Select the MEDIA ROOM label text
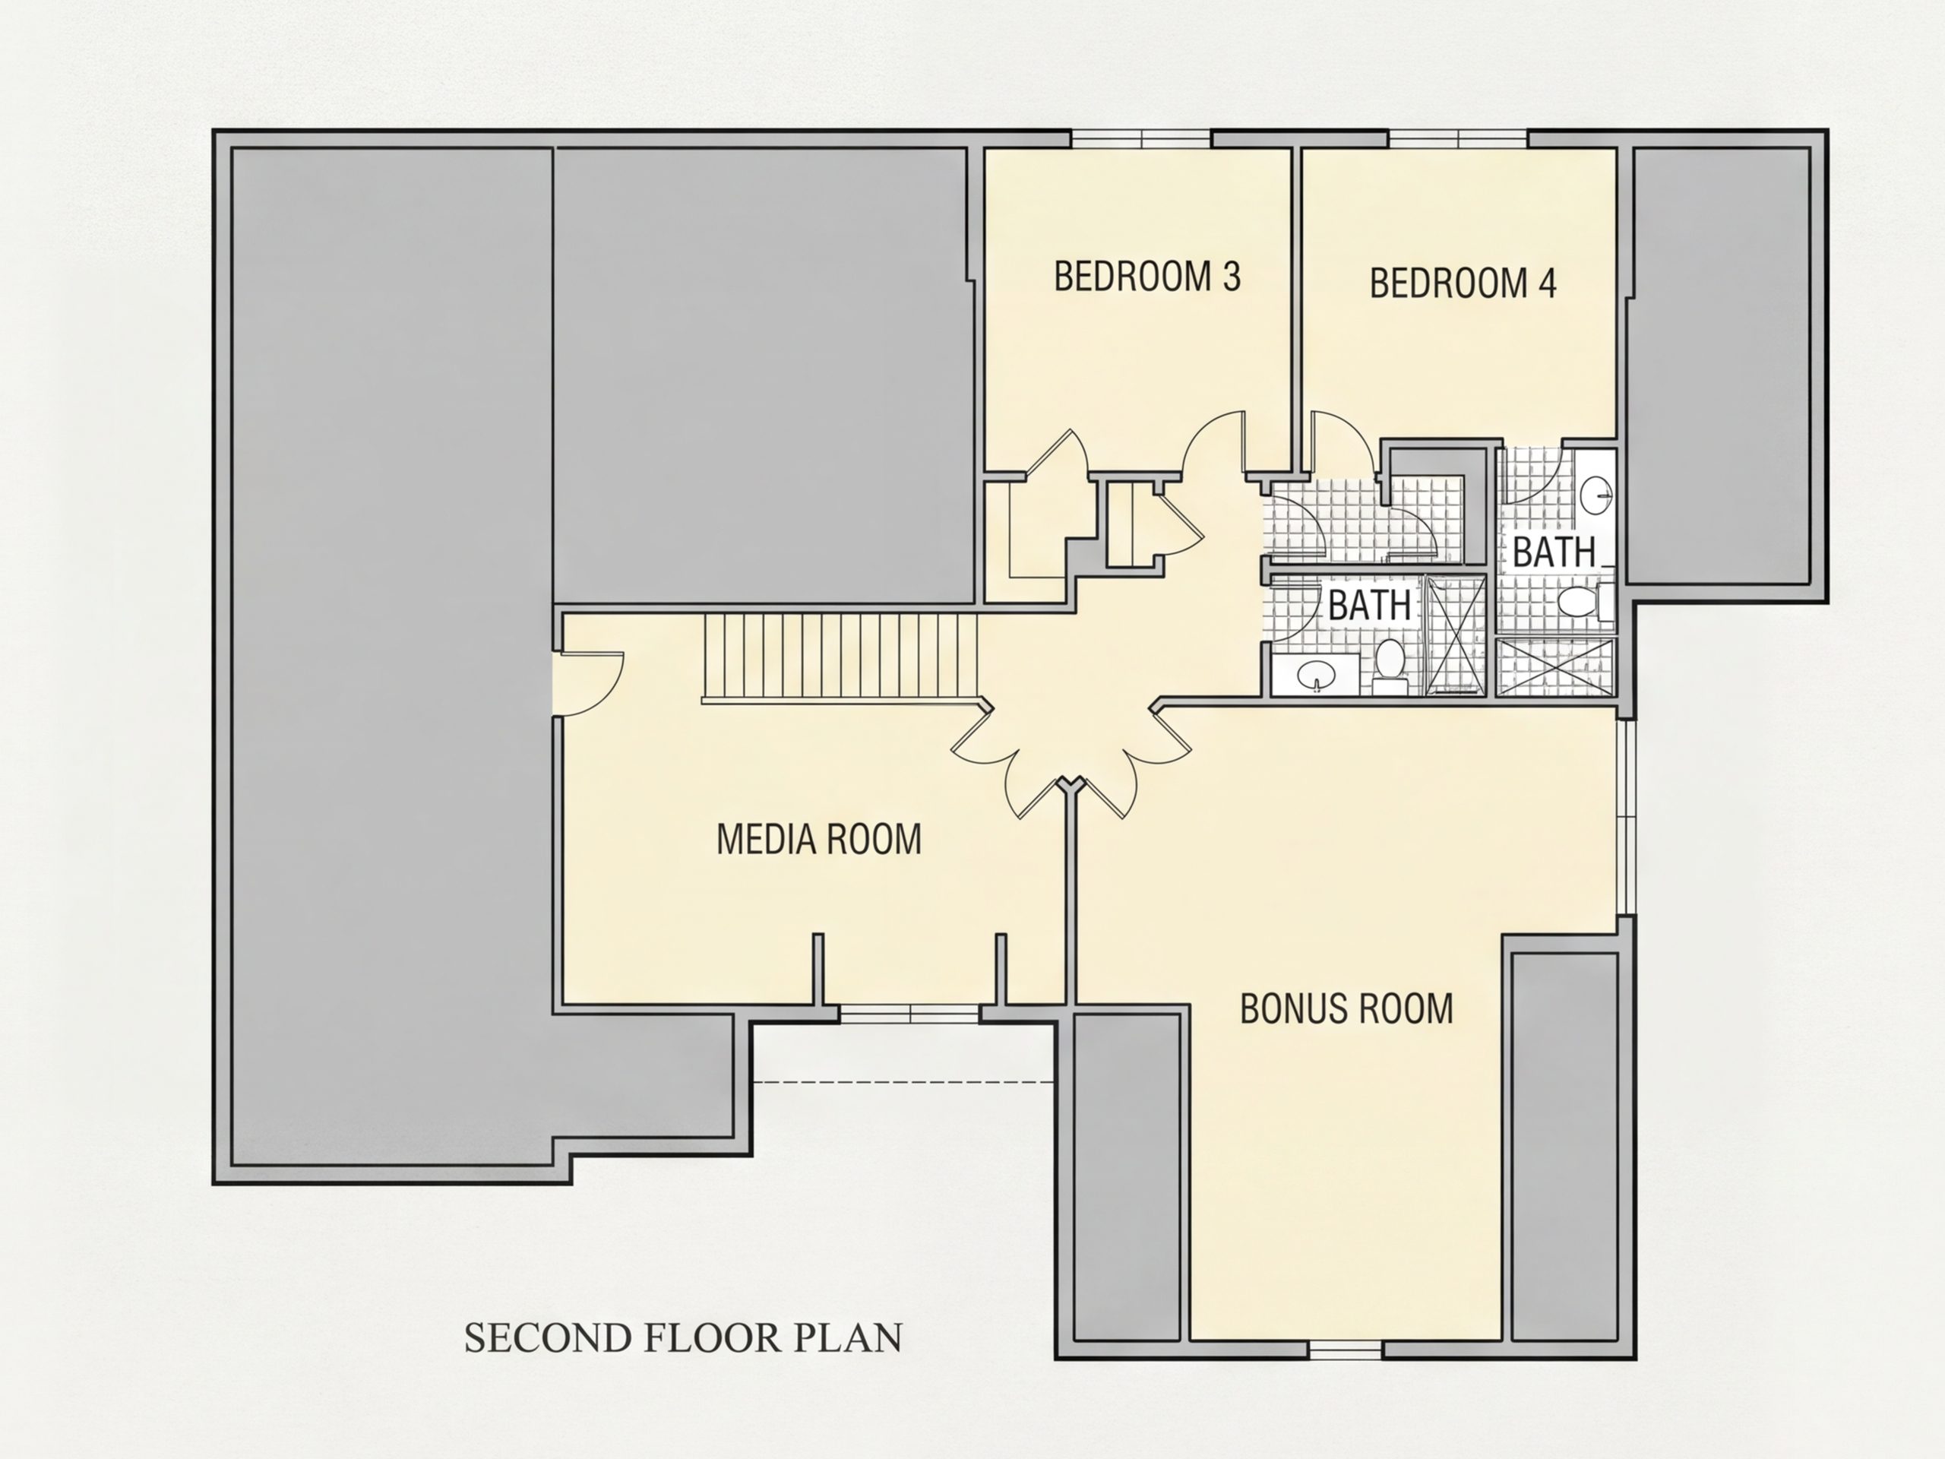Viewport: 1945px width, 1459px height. pyautogui.click(x=818, y=839)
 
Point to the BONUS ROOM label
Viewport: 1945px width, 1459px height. pyautogui.click(x=1346, y=1008)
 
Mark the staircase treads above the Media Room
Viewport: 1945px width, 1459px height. pyautogui.click(x=840, y=658)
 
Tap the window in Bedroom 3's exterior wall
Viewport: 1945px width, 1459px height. pyautogui.click(x=1140, y=139)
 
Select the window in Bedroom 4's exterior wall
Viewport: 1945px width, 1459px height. pyautogui.click(x=1459, y=139)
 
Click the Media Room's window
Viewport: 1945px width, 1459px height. pyautogui.click(x=909, y=1014)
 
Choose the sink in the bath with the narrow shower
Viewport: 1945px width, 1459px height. pyautogui.click(x=1317, y=676)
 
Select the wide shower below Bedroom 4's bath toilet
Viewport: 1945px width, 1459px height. pyautogui.click(x=1556, y=666)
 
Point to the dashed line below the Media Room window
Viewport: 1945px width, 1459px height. pyautogui.click(x=904, y=1082)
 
